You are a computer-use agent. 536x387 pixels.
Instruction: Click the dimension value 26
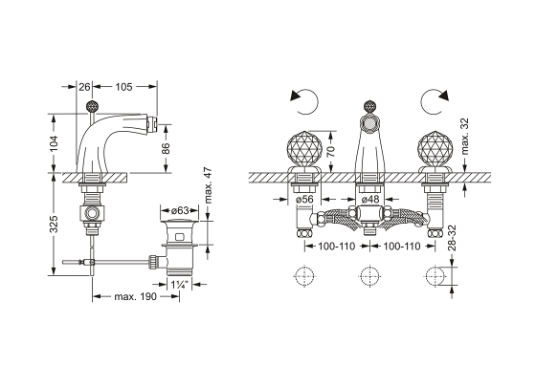(84, 87)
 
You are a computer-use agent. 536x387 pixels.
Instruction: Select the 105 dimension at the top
(123, 87)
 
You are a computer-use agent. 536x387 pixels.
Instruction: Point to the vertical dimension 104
(54, 143)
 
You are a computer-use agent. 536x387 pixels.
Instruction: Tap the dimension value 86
(166, 148)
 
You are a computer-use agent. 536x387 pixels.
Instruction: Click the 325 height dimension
(54, 224)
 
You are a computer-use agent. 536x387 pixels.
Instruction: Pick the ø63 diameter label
(180, 209)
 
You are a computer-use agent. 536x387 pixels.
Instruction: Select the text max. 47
(209, 185)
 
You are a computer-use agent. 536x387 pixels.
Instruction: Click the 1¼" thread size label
(180, 285)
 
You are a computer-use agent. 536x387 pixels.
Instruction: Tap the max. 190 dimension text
(135, 296)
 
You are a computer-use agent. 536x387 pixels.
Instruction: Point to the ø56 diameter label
(304, 199)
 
